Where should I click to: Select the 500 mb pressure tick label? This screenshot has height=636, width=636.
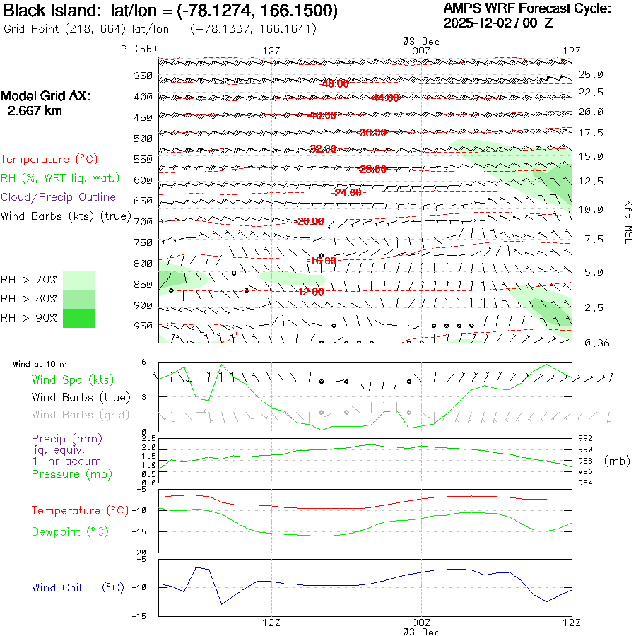(143, 139)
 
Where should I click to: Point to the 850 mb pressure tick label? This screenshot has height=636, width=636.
(143, 285)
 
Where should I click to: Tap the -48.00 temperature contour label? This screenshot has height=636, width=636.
(335, 83)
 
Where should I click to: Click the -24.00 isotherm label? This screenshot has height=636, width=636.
(348, 192)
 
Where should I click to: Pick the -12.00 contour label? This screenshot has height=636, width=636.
(310, 292)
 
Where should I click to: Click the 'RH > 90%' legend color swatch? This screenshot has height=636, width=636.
(79, 318)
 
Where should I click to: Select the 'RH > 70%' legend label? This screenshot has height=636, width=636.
(30, 280)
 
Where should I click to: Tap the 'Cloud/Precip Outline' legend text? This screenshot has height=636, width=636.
(59, 197)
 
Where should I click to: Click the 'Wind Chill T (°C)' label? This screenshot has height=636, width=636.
(78, 588)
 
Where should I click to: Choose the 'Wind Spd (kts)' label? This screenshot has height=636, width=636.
(72, 380)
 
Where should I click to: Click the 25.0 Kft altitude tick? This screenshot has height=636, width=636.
(591, 74)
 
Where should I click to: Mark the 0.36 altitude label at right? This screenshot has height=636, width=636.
(591, 343)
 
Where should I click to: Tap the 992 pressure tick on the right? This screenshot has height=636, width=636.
(587, 438)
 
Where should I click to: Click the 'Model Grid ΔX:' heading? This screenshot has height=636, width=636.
(46, 97)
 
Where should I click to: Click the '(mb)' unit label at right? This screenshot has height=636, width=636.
(617, 461)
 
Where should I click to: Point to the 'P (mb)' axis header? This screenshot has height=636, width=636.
(139, 49)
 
